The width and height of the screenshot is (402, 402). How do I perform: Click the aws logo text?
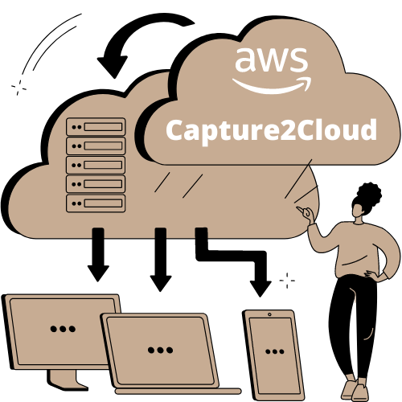pos(271,60)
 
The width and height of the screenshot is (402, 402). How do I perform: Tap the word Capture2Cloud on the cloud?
pos(271,131)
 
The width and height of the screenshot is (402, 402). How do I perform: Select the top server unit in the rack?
pos(96,126)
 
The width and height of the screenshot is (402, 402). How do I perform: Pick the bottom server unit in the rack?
pos(96,203)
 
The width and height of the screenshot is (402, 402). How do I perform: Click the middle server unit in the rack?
pos(96,165)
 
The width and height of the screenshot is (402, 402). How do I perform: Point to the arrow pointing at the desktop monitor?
pos(98,255)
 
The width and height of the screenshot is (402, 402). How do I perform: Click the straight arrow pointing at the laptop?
pos(161,260)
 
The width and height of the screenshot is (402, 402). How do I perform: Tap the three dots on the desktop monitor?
pos(63,329)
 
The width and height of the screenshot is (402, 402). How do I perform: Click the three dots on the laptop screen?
pos(160,350)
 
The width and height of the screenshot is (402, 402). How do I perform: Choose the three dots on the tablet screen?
pos(275,351)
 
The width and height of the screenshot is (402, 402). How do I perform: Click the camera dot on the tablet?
pos(269,314)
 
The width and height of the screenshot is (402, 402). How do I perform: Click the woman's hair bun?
pos(370,194)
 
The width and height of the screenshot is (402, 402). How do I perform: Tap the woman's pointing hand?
pos(306,214)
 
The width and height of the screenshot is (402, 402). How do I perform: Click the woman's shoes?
pos(354,391)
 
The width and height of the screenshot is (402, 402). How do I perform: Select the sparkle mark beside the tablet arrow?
pos(287,281)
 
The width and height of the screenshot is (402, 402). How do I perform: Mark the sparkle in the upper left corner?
pos(18,87)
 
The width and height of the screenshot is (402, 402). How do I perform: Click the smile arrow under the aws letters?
pos(272,86)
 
